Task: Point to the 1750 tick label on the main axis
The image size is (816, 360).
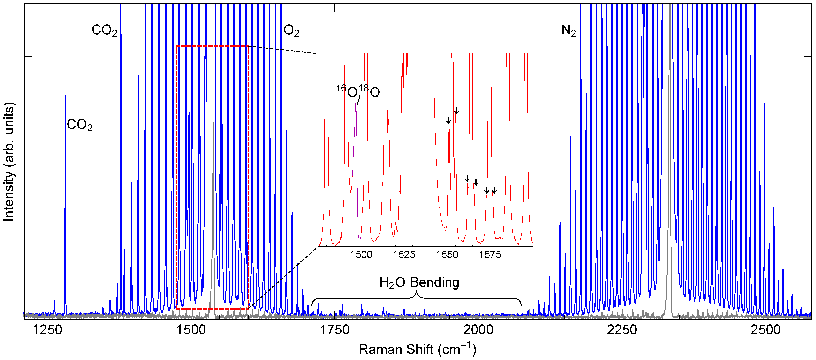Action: pyautogui.click(x=335, y=330)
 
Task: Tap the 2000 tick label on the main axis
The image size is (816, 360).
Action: pyautogui.click(x=478, y=330)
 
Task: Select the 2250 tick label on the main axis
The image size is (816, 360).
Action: pyautogui.click(x=622, y=330)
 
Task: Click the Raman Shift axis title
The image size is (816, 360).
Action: pyautogui.click(x=417, y=349)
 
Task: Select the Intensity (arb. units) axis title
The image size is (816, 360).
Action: pyautogui.click(x=9, y=162)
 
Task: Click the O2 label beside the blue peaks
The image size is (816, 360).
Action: pyautogui.click(x=291, y=31)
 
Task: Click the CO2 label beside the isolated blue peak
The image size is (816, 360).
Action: pyautogui.click(x=80, y=125)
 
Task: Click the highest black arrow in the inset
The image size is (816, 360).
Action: pyautogui.click(x=456, y=111)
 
